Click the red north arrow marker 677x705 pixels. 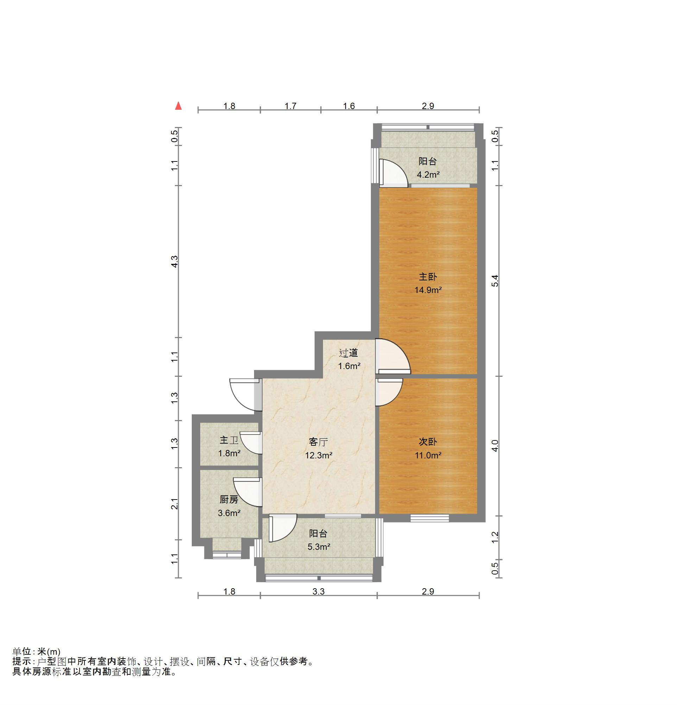pos(178,106)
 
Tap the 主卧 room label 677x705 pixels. pos(428,277)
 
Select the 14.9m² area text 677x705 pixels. pos(428,290)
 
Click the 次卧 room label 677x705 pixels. pos(428,442)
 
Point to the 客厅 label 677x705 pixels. pos(318,442)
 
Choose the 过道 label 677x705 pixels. pos(348,353)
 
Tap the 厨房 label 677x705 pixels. pos(229,499)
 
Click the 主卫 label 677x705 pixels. pos(229,440)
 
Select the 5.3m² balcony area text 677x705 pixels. pos(319,547)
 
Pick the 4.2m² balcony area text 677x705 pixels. pos(428,175)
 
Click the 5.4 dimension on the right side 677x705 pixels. pos(495,281)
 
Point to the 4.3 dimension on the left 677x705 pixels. pos(175,261)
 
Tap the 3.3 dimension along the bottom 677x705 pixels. pos(318,591)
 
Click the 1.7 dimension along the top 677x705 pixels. pos(290,106)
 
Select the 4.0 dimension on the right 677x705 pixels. pos(495,446)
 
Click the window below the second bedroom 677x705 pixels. pos(430,518)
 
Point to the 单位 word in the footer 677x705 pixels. pos(22,652)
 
